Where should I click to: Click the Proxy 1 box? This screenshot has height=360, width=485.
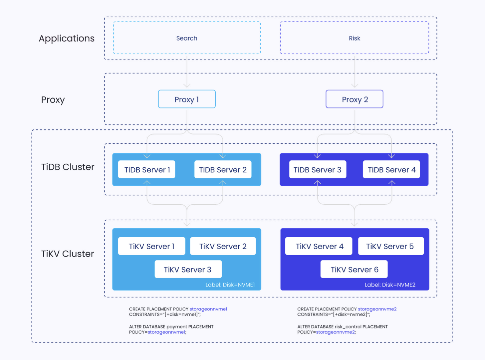(x=187, y=99)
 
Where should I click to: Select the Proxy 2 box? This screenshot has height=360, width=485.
(x=354, y=99)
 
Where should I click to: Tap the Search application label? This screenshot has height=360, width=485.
(x=187, y=38)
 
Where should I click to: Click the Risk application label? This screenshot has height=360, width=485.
(x=354, y=38)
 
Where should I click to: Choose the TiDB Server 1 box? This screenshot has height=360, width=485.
(x=146, y=169)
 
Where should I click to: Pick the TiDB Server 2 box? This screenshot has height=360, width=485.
(x=223, y=169)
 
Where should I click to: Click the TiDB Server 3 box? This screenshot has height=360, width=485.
(x=318, y=169)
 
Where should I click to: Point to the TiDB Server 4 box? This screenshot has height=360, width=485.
(x=391, y=169)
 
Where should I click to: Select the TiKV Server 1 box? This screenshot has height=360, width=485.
(x=151, y=246)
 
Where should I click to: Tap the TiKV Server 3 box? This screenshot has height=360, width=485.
(x=188, y=269)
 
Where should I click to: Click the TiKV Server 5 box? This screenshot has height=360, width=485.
(x=391, y=246)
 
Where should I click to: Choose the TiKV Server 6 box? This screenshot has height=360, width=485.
(x=354, y=269)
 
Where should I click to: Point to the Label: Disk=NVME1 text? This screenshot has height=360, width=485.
(x=230, y=285)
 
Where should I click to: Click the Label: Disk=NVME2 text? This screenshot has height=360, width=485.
(x=390, y=285)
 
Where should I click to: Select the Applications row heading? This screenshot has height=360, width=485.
(x=67, y=39)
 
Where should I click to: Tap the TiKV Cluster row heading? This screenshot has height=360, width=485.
(x=68, y=254)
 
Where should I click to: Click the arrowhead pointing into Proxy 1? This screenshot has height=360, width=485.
(x=187, y=86)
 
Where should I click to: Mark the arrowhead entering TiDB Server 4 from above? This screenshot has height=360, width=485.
(x=391, y=156)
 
